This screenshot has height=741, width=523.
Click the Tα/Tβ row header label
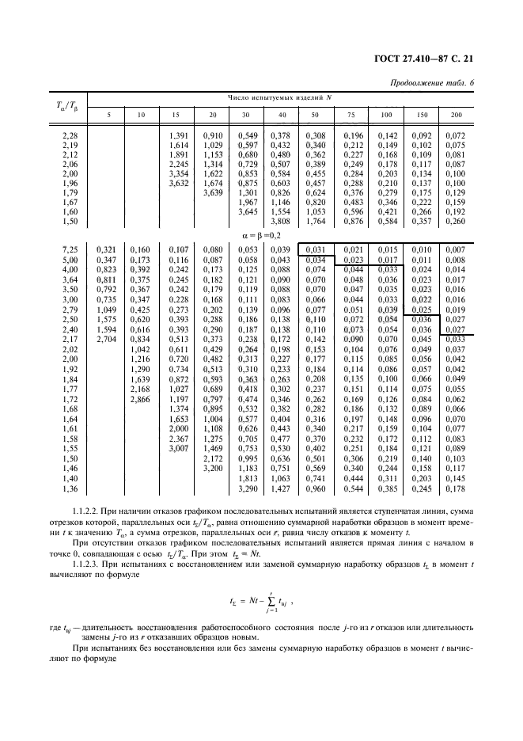click(x=66, y=107)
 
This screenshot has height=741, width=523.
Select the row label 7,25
click(x=69, y=250)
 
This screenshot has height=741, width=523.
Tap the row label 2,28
click(x=69, y=135)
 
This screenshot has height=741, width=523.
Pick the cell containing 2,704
click(x=106, y=339)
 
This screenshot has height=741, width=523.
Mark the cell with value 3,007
click(x=180, y=448)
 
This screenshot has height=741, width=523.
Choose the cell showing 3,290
click(x=248, y=489)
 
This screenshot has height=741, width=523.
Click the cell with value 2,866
click(x=142, y=401)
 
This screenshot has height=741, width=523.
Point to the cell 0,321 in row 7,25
click(x=106, y=250)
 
